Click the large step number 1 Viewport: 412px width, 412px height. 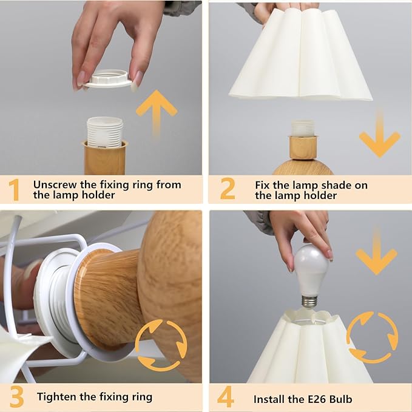point(14,190)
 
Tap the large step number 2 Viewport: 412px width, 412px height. point(228,188)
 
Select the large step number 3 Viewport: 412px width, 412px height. point(16,397)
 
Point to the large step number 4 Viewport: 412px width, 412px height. point(226,397)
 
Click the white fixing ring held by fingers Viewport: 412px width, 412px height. point(108,78)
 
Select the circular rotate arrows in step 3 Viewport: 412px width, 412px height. point(161,345)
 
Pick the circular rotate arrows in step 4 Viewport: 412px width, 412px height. point(372,337)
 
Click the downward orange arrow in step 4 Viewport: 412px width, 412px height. point(377,252)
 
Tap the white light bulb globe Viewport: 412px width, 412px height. point(311,270)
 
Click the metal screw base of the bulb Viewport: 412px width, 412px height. point(309,302)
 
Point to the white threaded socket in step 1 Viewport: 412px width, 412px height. point(105,132)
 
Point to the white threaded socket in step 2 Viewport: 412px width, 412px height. point(303,128)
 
